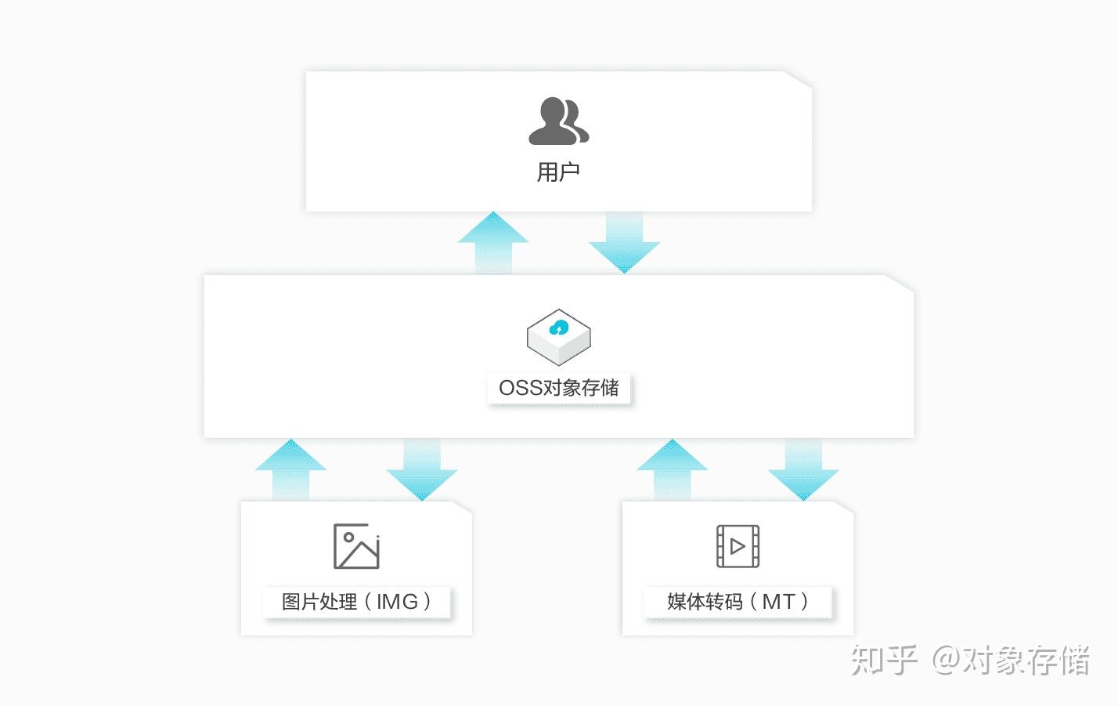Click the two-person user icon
point(558,121)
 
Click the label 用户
point(558,172)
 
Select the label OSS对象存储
point(558,388)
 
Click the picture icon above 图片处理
point(356,546)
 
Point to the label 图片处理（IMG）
point(357,602)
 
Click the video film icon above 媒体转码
point(738,546)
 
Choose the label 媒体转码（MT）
point(738,602)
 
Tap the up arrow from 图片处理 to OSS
point(290,469)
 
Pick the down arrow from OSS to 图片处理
point(422,470)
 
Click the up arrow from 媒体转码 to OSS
point(673,469)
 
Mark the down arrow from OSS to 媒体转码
point(803,470)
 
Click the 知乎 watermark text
point(885,660)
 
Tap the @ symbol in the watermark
point(946,660)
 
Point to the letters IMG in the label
point(397,602)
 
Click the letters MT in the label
point(778,602)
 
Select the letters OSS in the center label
point(521,388)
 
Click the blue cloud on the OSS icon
point(558,328)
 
